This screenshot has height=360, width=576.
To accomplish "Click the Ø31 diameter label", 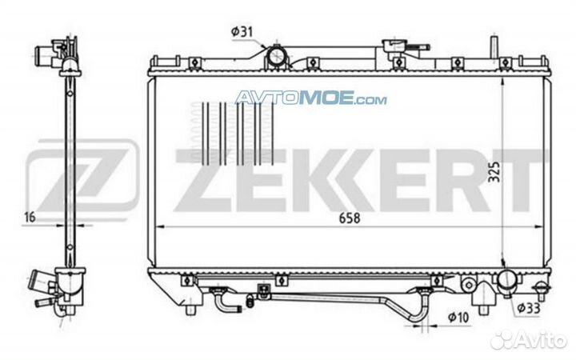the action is [242, 32].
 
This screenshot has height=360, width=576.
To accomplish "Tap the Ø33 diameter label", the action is [529, 308].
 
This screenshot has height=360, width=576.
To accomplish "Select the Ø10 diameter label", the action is [458, 317].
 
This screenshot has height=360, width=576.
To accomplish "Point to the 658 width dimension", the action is [350, 218].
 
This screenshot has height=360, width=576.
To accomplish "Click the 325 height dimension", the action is [494, 171].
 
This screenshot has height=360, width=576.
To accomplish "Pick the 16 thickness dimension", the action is [30, 217].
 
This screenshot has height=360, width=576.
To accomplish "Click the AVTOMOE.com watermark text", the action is [310, 98].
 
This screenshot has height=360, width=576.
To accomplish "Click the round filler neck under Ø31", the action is [275, 56].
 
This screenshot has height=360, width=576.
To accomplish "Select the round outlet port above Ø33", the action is [508, 280].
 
